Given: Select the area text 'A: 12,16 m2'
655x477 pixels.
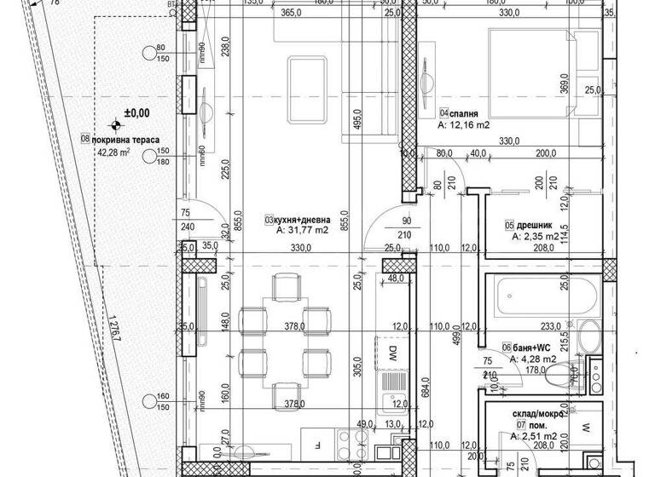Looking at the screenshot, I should [464, 125].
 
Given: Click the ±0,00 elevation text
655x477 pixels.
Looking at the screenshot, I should [136, 112].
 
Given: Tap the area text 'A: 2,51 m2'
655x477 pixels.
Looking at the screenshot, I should [535, 435].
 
